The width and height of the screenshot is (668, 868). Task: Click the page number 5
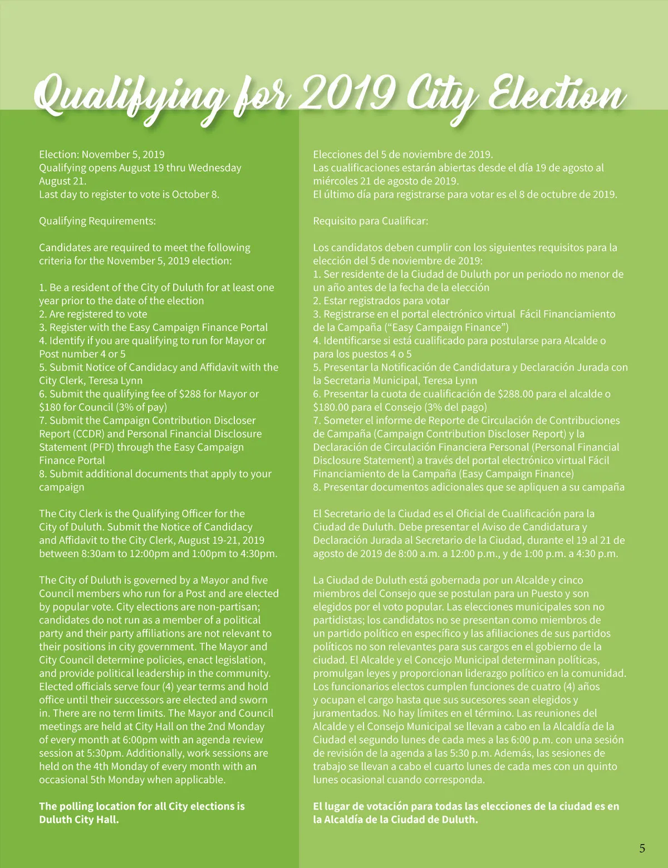tap(642, 849)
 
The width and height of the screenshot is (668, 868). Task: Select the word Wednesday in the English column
tap(214, 168)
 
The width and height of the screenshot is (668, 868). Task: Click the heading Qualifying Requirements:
tap(97, 221)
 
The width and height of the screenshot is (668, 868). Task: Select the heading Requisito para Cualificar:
tap(371, 221)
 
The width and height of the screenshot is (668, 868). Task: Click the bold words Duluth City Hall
tap(79, 820)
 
